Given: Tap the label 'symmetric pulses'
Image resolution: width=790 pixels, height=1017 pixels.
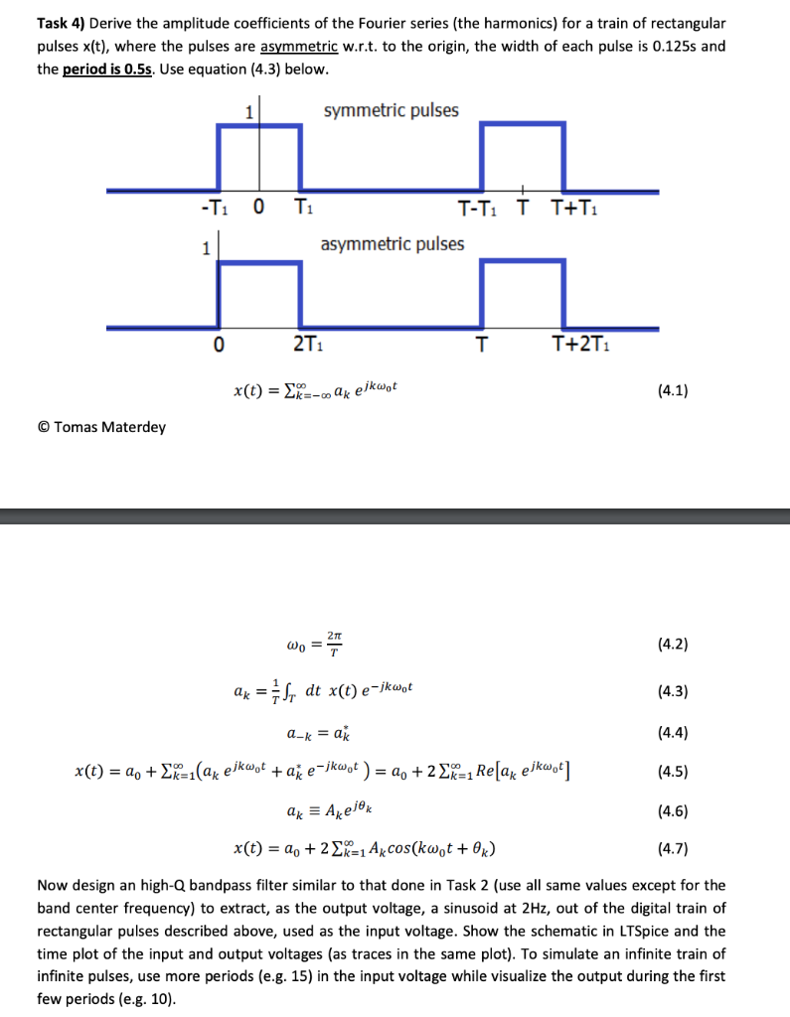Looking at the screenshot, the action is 392,110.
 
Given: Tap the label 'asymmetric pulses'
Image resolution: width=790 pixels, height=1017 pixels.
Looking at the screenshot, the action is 392,243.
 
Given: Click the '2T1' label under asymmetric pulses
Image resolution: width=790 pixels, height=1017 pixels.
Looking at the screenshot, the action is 305,345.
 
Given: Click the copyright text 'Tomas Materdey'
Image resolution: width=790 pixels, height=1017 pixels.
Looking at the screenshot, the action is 109,427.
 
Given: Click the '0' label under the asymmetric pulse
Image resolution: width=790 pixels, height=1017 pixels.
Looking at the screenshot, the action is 219,345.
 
